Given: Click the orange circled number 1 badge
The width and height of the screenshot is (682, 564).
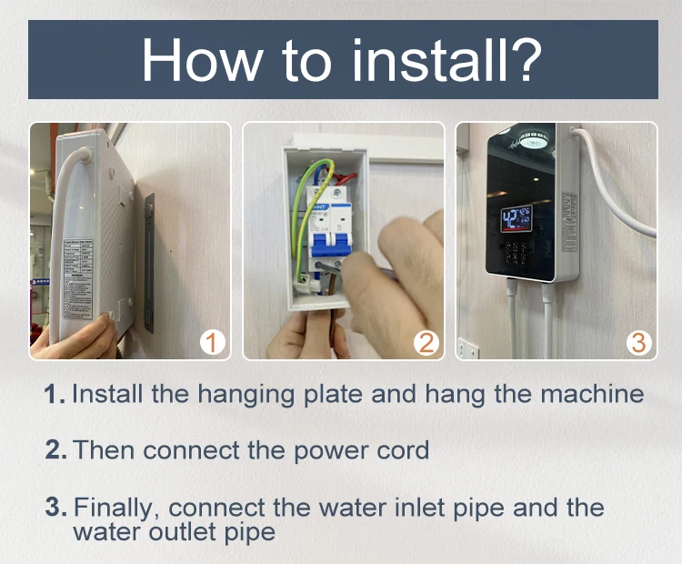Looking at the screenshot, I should tap(211, 342).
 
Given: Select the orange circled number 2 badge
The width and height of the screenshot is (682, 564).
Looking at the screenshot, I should tap(426, 342).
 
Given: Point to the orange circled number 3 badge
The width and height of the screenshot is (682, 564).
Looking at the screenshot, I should tap(639, 342).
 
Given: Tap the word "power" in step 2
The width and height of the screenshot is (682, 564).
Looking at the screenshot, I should tap(329, 449).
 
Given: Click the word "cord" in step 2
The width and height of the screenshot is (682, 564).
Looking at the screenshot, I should tap(400, 449).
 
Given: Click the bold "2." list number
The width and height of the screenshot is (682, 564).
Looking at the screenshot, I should tap(55, 449).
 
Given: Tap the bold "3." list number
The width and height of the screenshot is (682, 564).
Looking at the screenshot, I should tap(55, 507).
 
